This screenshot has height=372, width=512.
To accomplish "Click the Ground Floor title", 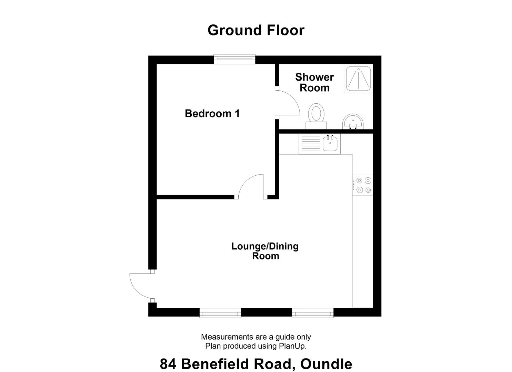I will click(256, 30).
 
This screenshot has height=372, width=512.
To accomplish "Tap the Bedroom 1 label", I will click(212, 113).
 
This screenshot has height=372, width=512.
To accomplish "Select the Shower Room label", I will click(314, 82).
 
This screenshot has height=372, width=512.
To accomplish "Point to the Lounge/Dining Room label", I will click(265, 251).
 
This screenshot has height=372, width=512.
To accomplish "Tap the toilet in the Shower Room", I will click(316, 115).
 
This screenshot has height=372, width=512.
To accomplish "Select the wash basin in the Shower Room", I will click(353, 122).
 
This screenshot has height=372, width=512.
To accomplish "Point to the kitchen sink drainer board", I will click(311, 144).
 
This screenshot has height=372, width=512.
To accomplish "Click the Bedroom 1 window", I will click(234, 59).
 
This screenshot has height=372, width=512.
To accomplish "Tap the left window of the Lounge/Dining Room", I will click(220, 313).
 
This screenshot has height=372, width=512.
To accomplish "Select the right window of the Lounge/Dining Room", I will click(313, 313).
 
